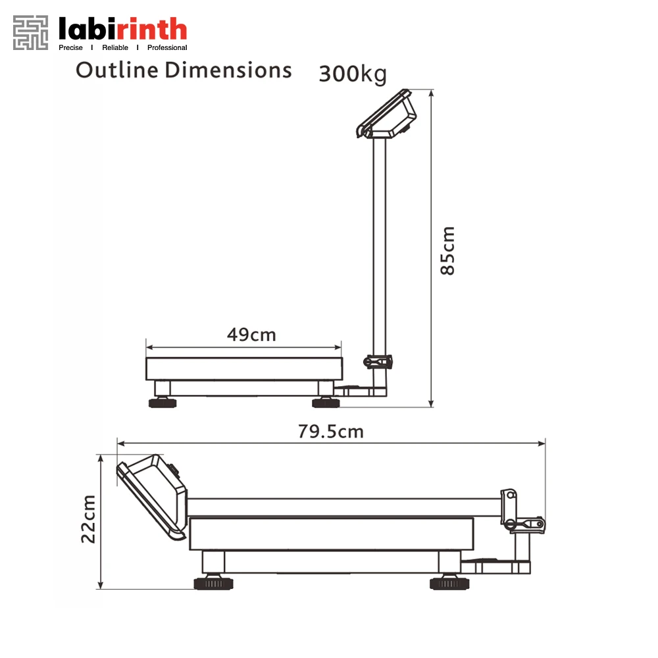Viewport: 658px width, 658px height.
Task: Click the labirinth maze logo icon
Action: tap(31, 32)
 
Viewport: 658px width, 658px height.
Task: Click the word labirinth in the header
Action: tap(123, 29)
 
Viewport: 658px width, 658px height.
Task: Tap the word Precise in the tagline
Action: tap(70, 47)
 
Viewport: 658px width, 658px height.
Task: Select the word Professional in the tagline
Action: tap(167, 47)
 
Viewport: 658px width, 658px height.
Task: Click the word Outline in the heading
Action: tap(116, 70)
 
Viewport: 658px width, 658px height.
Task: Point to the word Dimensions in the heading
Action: tap(228, 70)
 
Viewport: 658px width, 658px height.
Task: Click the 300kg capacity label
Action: tap(352, 74)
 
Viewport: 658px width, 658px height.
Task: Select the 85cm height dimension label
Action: tap(448, 251)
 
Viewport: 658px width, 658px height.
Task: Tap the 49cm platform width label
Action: tap(251, 334)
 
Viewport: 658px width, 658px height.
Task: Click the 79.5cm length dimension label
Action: tap(330, 432)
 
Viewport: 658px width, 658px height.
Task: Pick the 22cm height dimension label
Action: tap(89, 519)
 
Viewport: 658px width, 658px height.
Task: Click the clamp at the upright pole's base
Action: tap(378, 361)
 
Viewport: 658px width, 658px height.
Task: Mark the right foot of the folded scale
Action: tap(449, 582)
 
